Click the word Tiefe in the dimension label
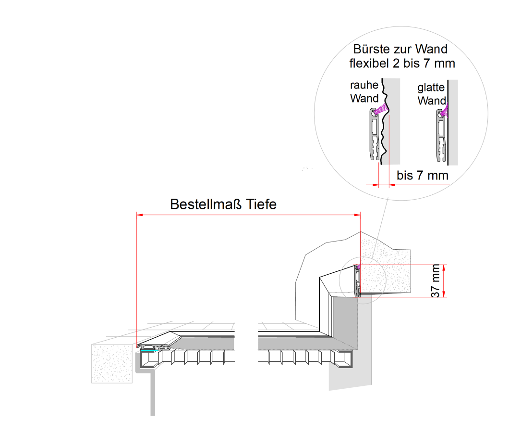point(261,204)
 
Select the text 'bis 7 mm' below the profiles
point(423,176)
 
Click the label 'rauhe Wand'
point(364,92)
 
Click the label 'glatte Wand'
point(431,94)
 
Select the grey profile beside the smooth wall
point(440,137)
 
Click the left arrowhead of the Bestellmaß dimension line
point(140,215)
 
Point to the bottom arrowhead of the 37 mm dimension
point(444,294)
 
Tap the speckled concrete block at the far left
point(111,363)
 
